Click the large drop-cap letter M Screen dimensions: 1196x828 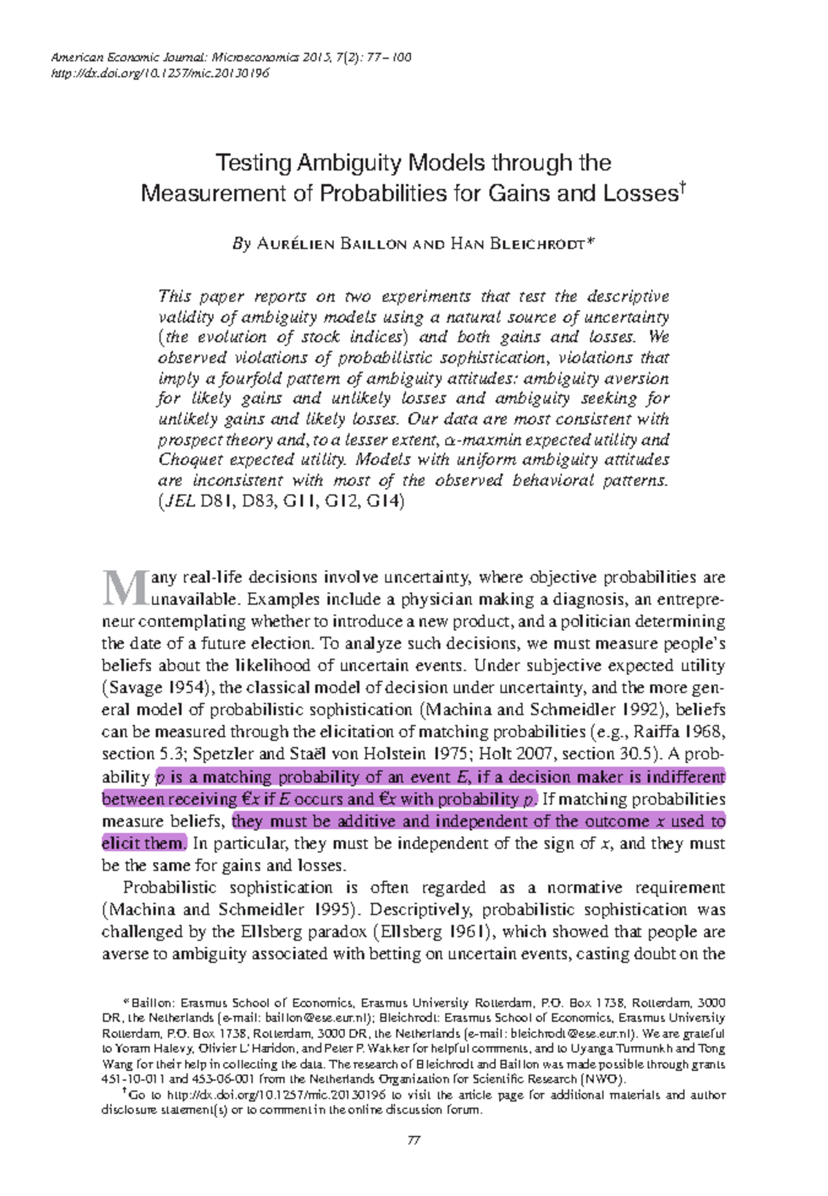click(x=124, y=588)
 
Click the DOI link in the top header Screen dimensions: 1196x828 click(x=160, y=73)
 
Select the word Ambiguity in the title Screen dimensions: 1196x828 click(x=350, y=163)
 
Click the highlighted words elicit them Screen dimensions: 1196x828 click(x=144, y=843)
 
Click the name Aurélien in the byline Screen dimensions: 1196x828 click(x=295, y=244)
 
